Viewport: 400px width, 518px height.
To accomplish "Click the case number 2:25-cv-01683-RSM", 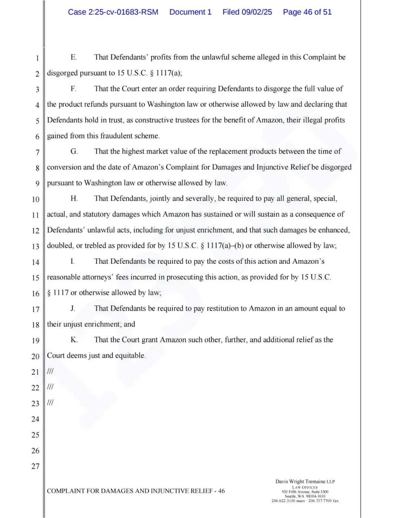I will pyautogui.click(x=113, y=12).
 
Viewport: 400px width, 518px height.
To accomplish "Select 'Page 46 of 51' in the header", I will pyautogui.click(x=307, y=12).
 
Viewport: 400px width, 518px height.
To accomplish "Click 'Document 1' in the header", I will pyautogui.click(x=190, y=12).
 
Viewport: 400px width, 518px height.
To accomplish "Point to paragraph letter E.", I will pyautogui.click(x=73, y=57).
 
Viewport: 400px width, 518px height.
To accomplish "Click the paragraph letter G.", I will pyautogui.click(x=74, y=151).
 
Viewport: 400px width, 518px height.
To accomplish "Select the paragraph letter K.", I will pyautogui.click(x=74, y=340).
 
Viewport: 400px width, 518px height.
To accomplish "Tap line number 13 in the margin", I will pyautogui.click(x=36, y=246).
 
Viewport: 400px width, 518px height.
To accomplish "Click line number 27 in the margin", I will pyautogui.click(x=36, y=466).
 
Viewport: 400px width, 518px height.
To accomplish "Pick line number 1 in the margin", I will pyautogui.click(x=37, y=58).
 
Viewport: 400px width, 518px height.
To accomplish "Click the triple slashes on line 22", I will pyautogui.click(x=50, y=387).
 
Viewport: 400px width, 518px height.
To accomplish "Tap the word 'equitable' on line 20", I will pyautogui.click(x=130, y=355).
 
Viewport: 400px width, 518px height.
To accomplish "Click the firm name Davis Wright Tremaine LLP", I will pyautogui.click(x=305, y=481).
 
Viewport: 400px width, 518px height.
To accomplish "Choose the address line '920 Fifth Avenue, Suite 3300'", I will pyautogui.click(x=305, y=492).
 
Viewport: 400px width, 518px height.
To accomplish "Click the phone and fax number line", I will pyautogui.click(x=305, y=501).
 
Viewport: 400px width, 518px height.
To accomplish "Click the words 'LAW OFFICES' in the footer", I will pyautogui.click(x=305, y=487).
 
